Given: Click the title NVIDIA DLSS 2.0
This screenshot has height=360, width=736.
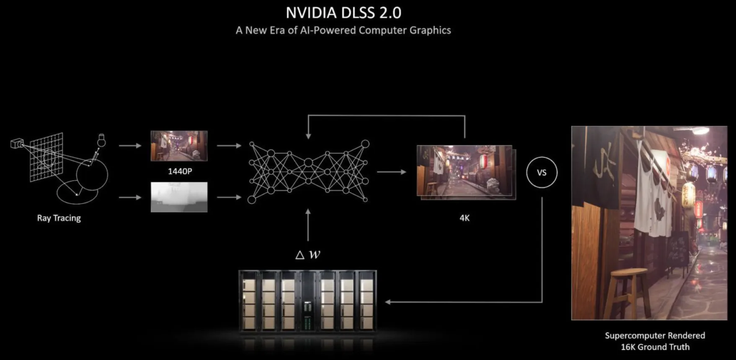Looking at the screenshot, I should click(343, 13).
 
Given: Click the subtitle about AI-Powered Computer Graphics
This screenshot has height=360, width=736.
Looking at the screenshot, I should click(343, 30).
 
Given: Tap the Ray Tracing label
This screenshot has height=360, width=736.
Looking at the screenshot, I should click(59, 218).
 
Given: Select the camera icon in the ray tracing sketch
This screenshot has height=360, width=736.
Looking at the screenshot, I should click(17, 144).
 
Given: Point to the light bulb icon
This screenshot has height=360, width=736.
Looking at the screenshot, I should click(101, 140).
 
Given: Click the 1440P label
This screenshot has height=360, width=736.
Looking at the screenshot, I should click(180, 171).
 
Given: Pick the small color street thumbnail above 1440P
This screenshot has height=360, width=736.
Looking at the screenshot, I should click(179, 146).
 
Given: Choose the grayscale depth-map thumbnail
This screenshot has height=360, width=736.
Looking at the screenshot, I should click(179, 197).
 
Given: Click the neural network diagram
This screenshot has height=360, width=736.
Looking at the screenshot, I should click(308, 172).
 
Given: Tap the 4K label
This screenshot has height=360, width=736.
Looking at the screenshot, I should click(464, 218).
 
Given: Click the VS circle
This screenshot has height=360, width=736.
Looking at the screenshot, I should click(542, 172).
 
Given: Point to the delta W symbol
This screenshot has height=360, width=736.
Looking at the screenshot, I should click(308, 254).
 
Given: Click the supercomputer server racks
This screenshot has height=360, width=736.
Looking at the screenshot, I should click(307, 301).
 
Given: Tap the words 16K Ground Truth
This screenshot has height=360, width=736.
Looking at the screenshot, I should click(655, 347).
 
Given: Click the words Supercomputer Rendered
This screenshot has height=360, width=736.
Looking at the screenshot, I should click(655, 336).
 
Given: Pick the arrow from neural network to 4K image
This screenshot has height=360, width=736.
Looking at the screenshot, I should click(391, 172).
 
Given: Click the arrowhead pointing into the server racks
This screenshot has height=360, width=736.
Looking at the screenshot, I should click(388, 302).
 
